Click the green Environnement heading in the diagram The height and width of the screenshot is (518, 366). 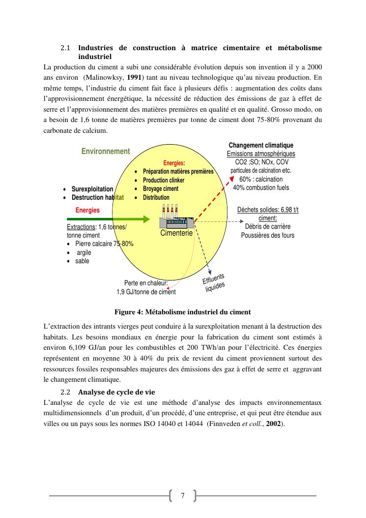pyautogui.click(x=106, y=152)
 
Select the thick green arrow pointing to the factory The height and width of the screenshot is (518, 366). pyautogui.click(x=108, y=220)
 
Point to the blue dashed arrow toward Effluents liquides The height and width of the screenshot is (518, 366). pyautogui.click(x=202, y=248)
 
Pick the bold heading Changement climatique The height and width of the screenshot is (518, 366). pyautogui.click(x=261, y=146)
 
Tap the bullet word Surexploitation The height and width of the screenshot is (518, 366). pyautogui.click(x=92, y=189)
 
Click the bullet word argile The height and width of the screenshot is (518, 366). pyautogui.click(x=84, y=253)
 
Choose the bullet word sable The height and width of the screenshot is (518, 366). pyautogui.click(x=82, y=261)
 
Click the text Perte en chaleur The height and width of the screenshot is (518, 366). pyautogui.click(x=146, y=283)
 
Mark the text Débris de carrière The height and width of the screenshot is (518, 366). pyautogui.click(x=268, y=227)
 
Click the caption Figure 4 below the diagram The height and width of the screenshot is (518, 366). pyautogui.click(x=182, y=312)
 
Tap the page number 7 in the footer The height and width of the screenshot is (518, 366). pyautogui.click(x=183, y=495)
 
